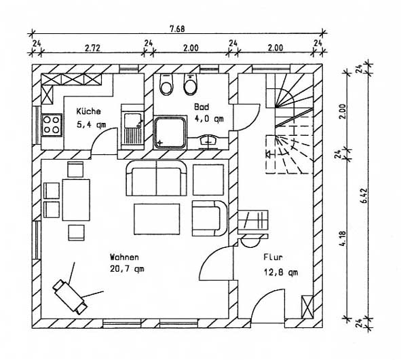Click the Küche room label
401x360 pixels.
[88, 111]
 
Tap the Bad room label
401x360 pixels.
[202, 107]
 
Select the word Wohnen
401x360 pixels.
[124, 257]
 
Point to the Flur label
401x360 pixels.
[273, 257]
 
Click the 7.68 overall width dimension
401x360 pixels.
[177, 29]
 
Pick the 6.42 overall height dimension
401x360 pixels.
[364, 196]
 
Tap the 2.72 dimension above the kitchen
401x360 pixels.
[92, 48]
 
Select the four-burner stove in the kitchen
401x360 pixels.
[52, 125]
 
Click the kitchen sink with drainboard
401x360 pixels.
[132, 127]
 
